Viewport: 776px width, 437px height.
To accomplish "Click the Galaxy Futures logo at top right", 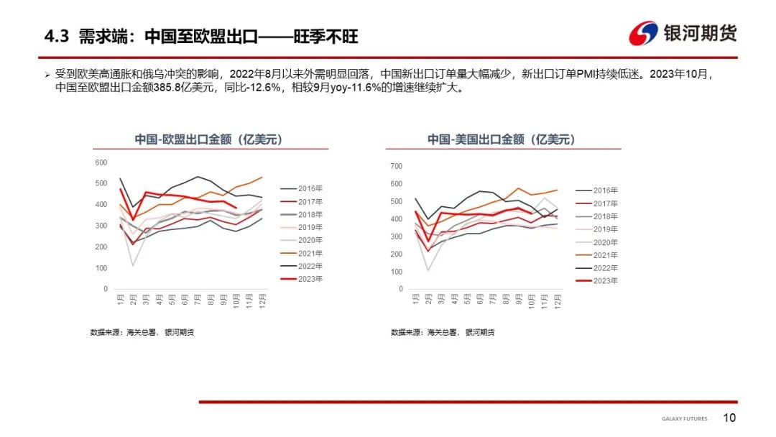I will point(683,33).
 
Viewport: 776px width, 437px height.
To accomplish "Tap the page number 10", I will point(729,418).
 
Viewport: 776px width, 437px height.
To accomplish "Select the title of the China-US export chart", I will point(501,139).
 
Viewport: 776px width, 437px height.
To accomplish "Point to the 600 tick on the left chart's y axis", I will point(101,162).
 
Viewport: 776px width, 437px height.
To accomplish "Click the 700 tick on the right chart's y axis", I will point(397,166).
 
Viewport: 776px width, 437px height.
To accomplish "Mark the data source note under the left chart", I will point(142,333).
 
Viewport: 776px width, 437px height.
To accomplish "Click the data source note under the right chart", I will point(443,333).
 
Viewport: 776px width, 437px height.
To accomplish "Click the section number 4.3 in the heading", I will point(56,37).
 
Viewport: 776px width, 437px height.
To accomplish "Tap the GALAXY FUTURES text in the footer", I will point(684,419).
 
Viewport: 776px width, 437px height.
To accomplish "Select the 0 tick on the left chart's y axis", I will point(106,289).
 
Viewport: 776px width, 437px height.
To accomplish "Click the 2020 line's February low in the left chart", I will point(133,266).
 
